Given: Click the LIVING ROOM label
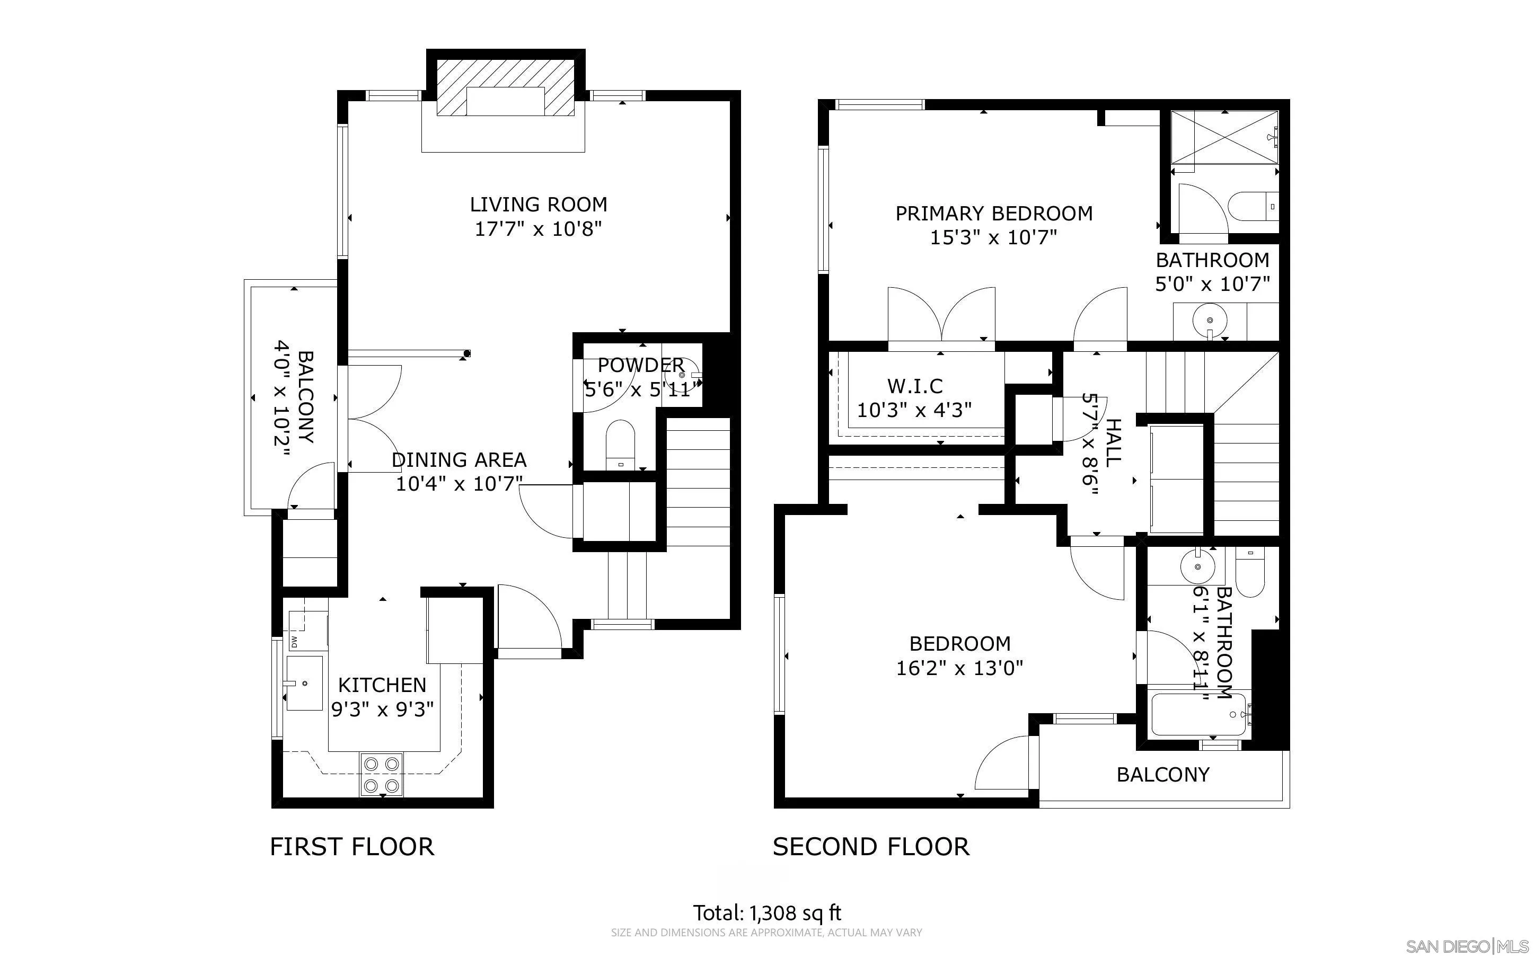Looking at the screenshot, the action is click(539, 205).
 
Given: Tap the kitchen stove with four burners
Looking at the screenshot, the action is click(382, 774).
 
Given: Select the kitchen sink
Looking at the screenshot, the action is click(304, 684).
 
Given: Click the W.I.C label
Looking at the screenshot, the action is click(915, 386).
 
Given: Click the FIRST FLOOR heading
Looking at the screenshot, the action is click(352, 847).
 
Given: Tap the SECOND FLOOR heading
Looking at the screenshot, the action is click(871, 847).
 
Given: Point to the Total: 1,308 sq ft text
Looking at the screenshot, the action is click(768, 913).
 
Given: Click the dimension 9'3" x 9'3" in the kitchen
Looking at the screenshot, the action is click(383, 709).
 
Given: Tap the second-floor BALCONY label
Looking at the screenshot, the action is click(1163, 775).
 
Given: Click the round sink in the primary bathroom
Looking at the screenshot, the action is click(1210, 321).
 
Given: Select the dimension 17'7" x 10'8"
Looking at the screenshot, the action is click(538, 229).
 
